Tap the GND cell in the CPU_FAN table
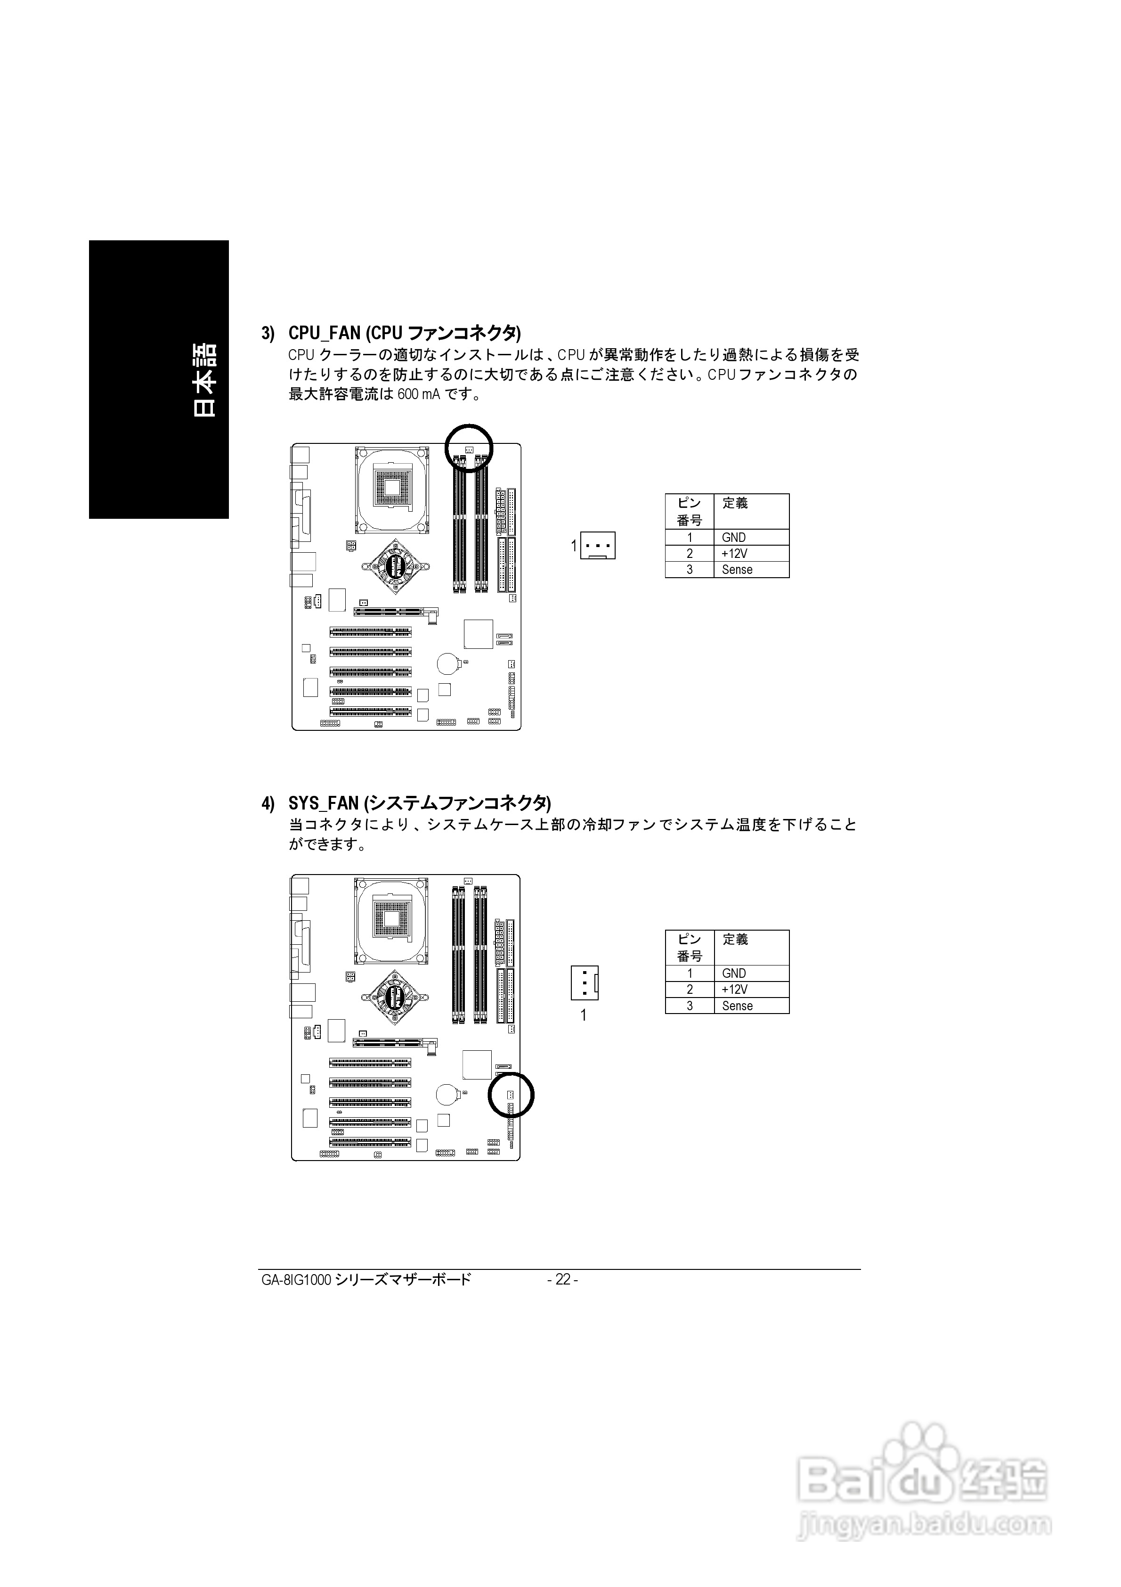[733, 537]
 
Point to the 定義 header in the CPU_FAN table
[735, 503]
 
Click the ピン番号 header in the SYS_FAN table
[689, 947]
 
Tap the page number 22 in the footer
[562, 1279]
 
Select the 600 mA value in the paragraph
[419, 395]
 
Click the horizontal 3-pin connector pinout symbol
[598, 545]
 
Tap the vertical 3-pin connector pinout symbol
[584, 982]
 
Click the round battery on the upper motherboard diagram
[448, 663]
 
